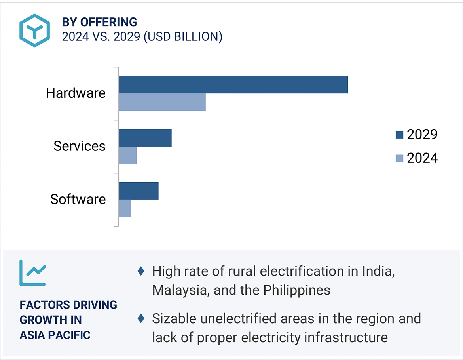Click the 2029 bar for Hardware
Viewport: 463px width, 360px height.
point(233,85)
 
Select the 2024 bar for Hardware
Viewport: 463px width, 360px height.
point(162,103)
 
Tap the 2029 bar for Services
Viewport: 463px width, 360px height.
point(145,138)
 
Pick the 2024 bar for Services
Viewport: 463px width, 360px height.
point(128,155)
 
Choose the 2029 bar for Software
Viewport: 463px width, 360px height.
point(139,191)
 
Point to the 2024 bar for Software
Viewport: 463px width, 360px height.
point(125,208)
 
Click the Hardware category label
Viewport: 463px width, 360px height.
point(76,93)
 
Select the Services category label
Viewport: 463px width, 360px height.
point(80,146)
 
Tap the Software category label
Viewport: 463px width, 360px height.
point(78,199)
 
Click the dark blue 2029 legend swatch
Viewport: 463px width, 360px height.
point(399,135)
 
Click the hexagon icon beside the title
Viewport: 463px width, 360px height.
point(35,30)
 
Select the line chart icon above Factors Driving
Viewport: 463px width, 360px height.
point(32,273)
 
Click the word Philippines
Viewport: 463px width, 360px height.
point(297,290)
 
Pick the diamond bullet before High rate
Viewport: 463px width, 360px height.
point(140,272)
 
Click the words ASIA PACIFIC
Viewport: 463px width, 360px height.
point(55,335)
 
